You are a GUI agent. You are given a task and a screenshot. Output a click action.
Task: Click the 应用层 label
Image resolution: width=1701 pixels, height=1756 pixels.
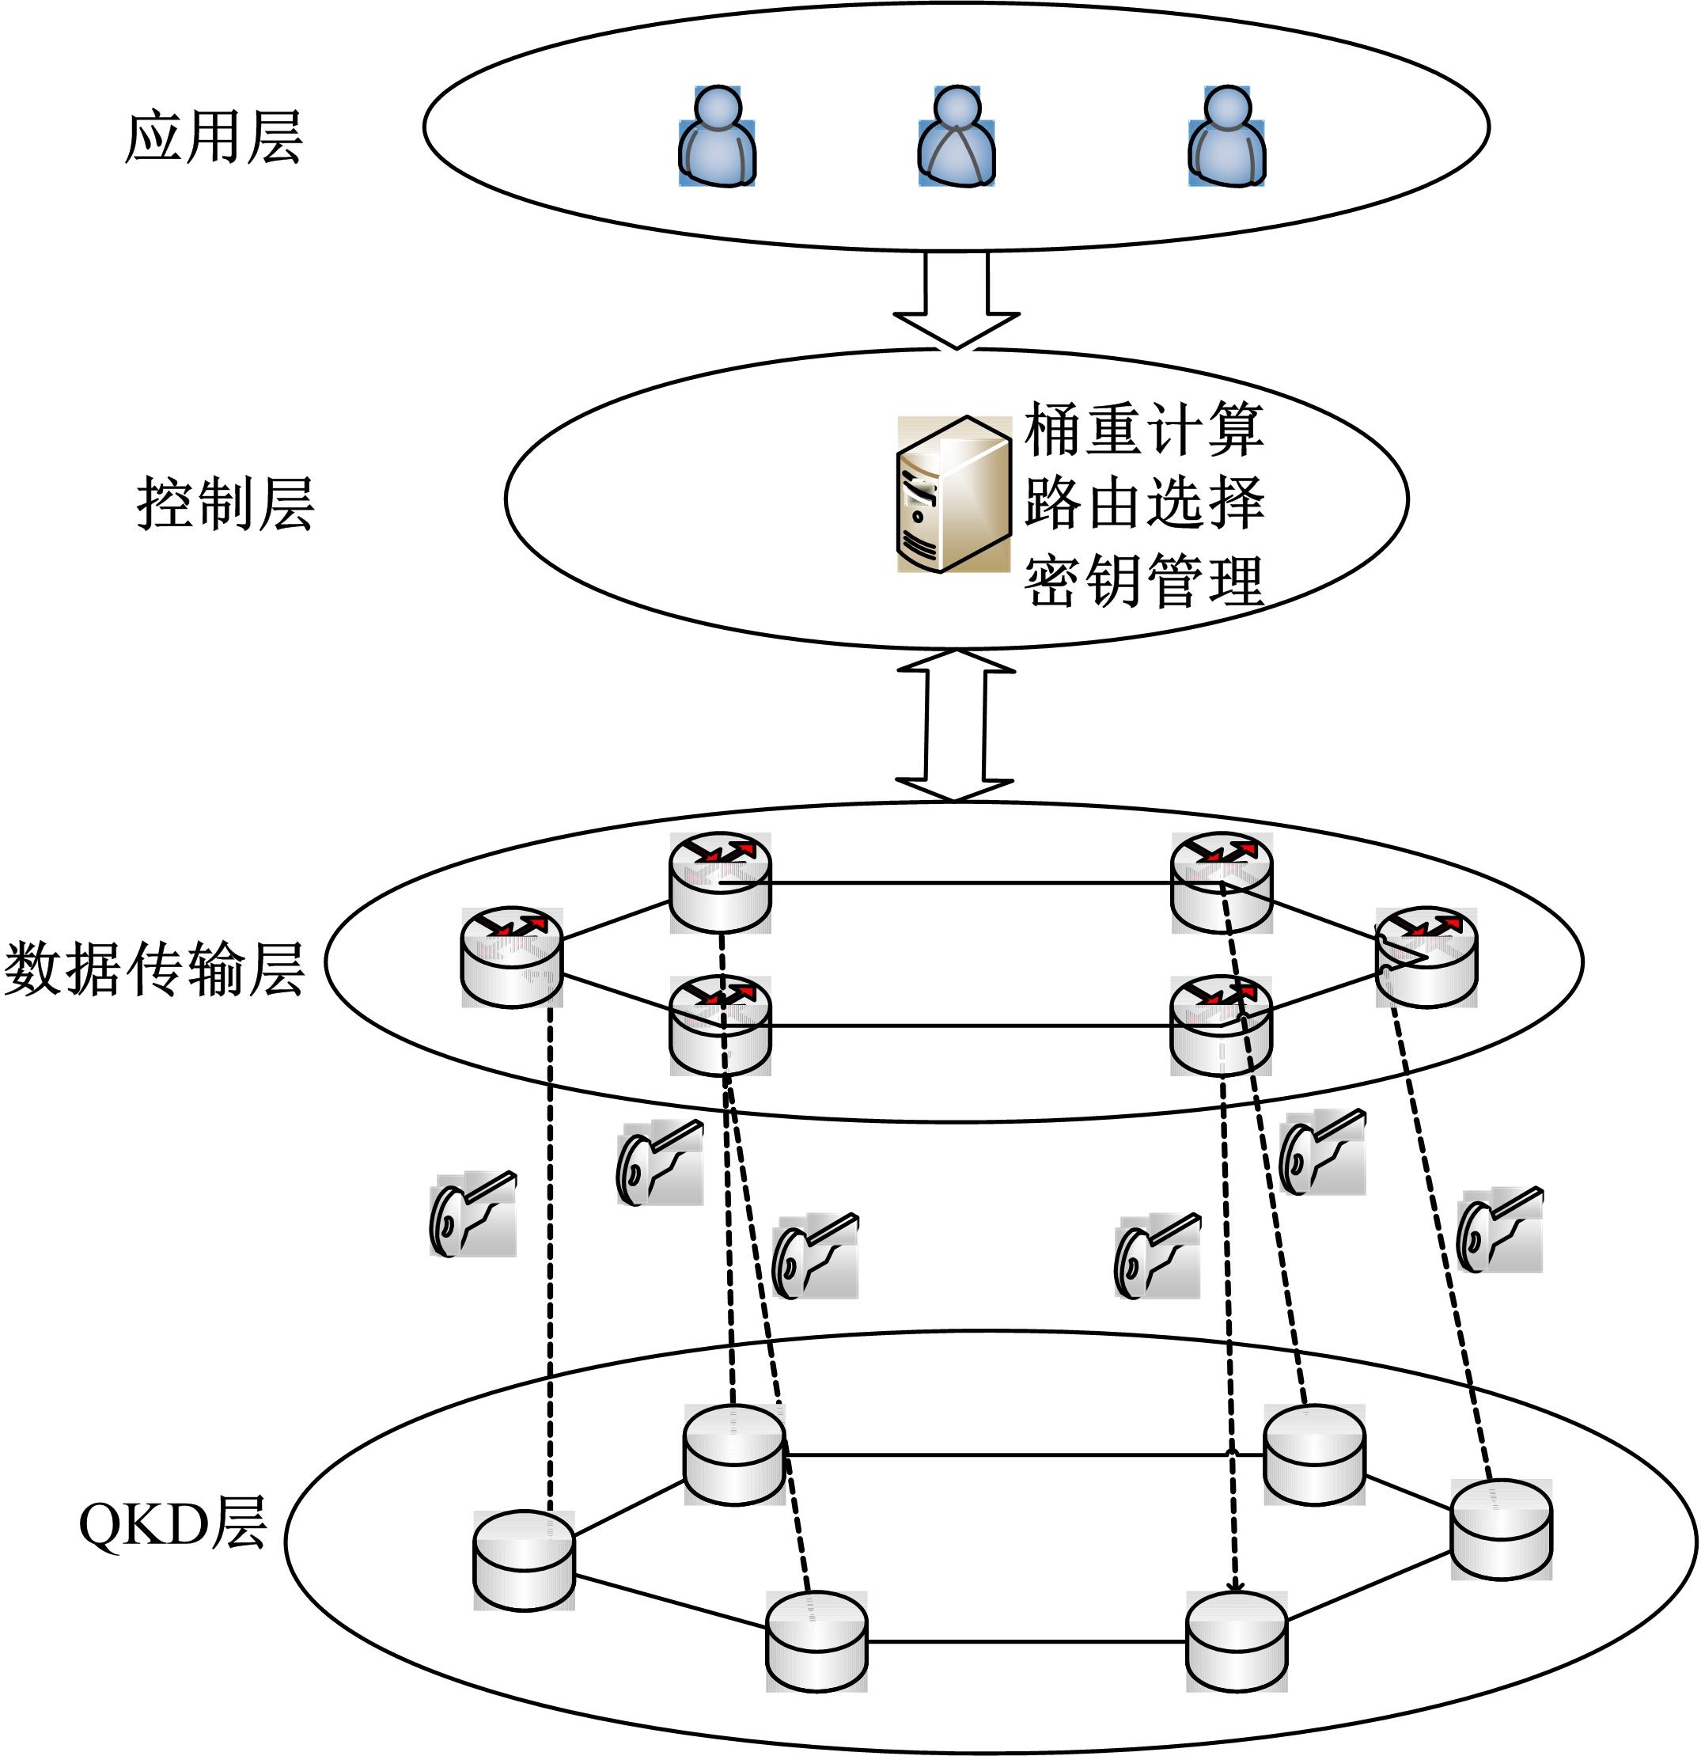point(213,138)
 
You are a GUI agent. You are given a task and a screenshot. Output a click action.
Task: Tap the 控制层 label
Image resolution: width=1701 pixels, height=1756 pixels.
point(225,503)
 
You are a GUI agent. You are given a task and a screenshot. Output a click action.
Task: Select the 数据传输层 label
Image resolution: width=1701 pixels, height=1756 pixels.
point(154,969)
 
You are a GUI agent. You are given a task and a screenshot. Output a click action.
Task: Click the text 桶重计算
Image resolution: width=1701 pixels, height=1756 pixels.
point(1144,429)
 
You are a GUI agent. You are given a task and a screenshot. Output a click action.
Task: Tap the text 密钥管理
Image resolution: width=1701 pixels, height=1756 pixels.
point(1144,581)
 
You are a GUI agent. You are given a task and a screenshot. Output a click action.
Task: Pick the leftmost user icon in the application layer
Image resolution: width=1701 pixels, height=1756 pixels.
point(717,136)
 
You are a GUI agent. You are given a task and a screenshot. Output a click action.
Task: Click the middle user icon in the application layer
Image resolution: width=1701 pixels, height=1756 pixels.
point(956,136)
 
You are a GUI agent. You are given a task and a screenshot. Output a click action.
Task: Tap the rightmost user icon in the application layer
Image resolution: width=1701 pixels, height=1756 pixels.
point(1226,136)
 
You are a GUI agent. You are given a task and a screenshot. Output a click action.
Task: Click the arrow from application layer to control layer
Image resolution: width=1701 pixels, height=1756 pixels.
point(956,300)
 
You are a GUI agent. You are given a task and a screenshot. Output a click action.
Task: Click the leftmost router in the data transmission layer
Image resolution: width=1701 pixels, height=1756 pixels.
point(511,957)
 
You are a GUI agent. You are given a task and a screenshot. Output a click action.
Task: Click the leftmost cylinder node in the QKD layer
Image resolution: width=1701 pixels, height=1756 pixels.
point(523,1560)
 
